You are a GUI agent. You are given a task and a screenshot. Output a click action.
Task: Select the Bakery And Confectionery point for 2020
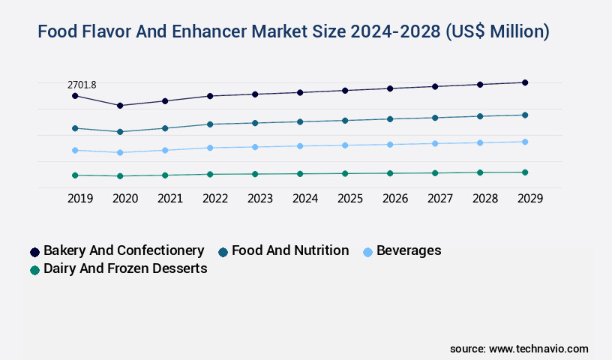(x=120, y=106)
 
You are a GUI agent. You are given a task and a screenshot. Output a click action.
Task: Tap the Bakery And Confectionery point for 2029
(x=525, y=82)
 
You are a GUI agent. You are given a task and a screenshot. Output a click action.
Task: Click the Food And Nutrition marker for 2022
(x=210, y=124)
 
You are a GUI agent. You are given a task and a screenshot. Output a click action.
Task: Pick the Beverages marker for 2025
(x=345, y=145)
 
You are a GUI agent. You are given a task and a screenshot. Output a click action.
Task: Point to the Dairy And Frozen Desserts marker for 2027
(x=435, y=172)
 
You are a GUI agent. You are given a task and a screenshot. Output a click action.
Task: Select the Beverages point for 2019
(x=75, y=150)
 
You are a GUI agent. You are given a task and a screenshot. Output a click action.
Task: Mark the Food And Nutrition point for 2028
(x=480, y=116)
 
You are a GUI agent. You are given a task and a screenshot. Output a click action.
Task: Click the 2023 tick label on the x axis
(x=260, y=199)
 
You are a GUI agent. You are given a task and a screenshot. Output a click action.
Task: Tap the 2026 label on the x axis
(x=395, y=199)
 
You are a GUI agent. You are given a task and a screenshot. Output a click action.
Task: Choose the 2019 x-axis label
(x=80, y=199)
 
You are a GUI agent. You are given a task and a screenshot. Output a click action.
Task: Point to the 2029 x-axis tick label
(x=530, y=199)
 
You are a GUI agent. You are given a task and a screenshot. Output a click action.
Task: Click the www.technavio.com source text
(x=538, y=349)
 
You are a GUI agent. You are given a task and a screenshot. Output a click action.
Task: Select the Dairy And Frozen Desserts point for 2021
(x=165, y=175)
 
